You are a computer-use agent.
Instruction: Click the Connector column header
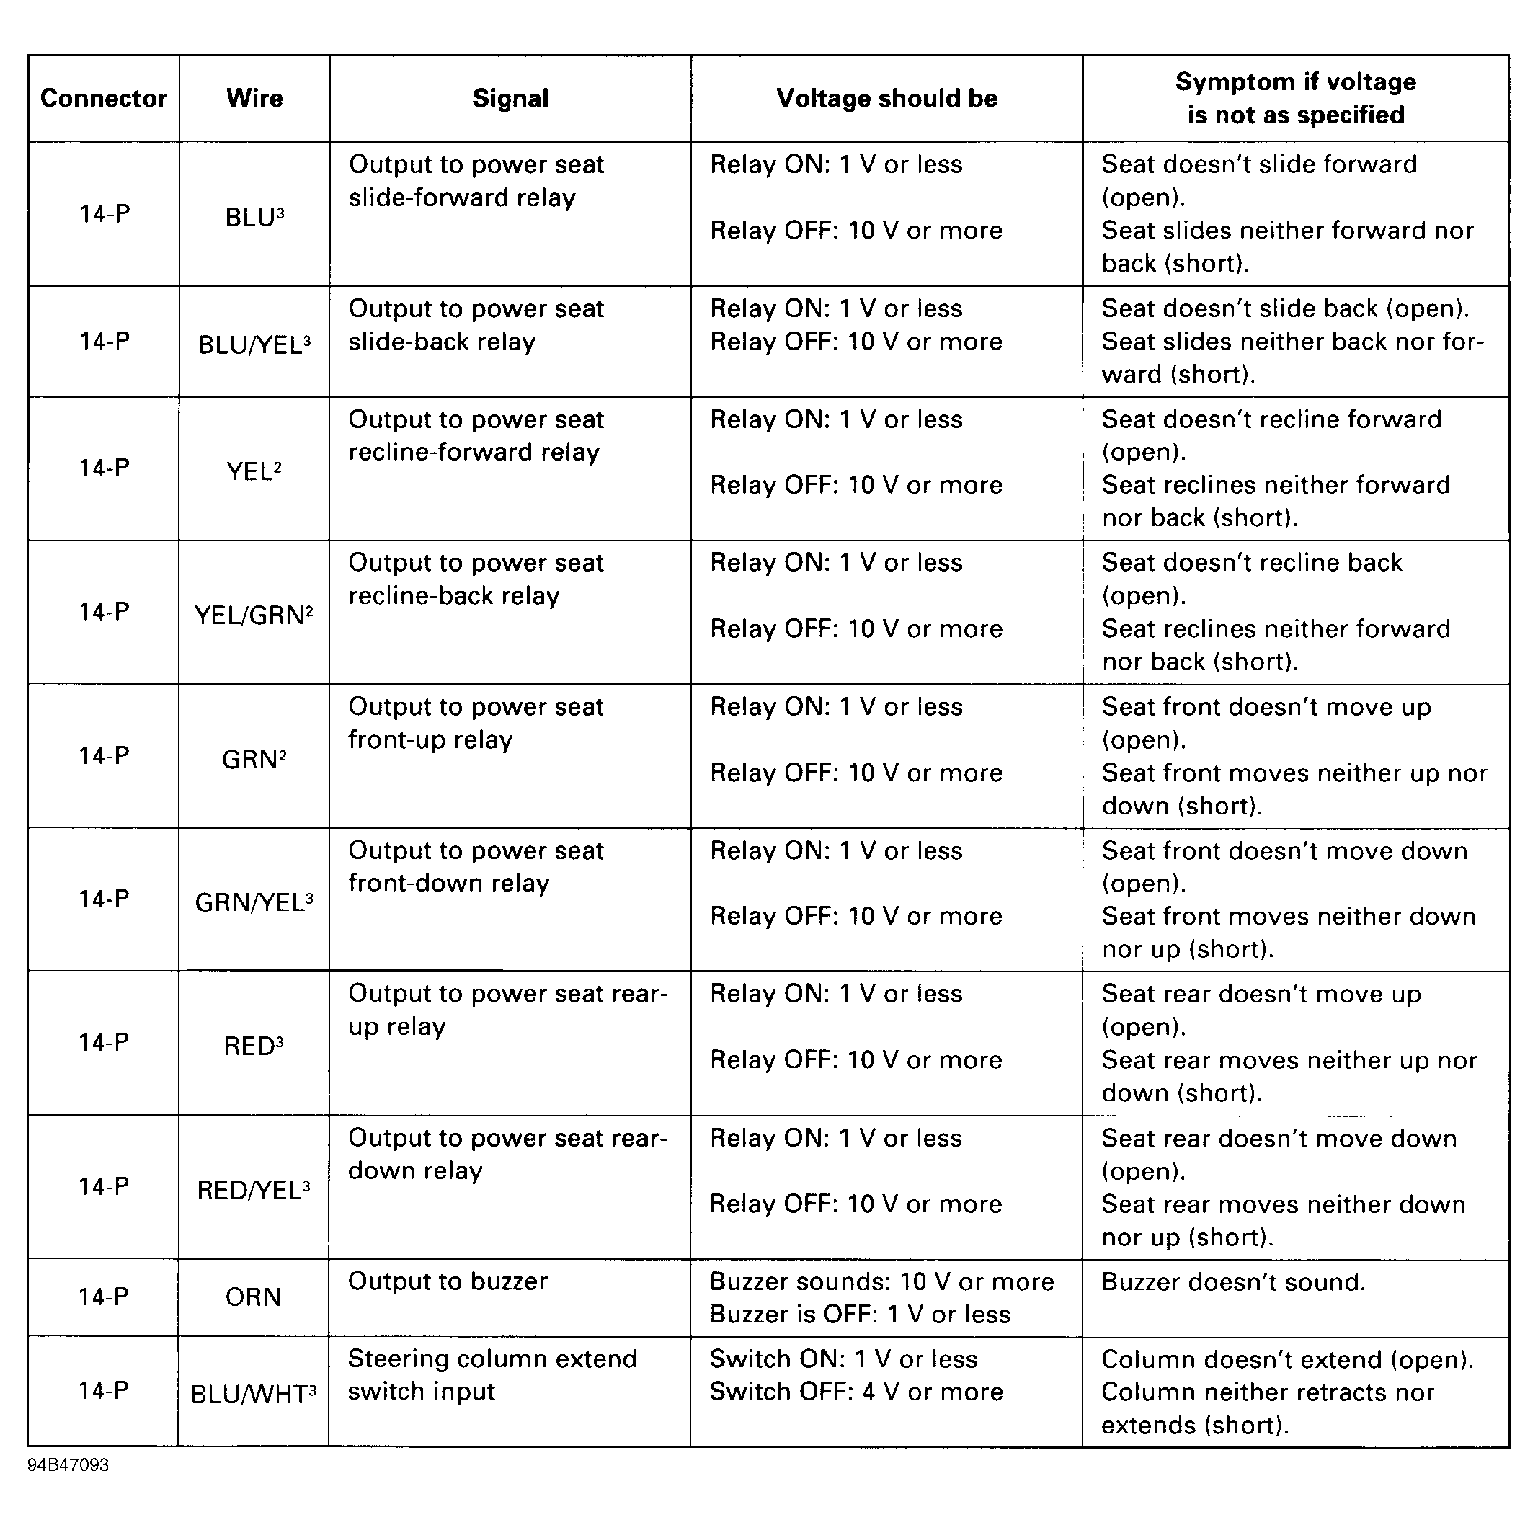[104, 98]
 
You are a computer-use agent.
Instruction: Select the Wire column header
[254, 98]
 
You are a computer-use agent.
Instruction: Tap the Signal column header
[510, 98]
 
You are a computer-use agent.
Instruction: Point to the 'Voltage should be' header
[886, 98]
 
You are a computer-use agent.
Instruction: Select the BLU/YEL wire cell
[254, 344]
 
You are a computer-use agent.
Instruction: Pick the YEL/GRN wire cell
[254, 615]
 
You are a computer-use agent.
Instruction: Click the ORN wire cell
[253, 1297]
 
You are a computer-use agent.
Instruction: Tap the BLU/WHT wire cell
[253, 1394]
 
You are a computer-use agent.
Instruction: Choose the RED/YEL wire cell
[253, 1190]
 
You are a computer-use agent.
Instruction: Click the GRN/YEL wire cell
[254, 902]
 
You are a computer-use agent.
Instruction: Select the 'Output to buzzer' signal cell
[448, 1281]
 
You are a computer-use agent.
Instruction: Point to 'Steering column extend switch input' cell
[492, 1374]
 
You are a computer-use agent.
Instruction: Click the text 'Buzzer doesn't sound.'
[1233, 1281]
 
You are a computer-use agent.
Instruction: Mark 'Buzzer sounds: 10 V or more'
[881, 1281]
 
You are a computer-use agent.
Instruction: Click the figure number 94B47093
[68, 1465]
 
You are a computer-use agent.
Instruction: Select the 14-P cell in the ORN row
[104, 1297]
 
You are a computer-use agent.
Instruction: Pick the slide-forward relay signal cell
[476, 181]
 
